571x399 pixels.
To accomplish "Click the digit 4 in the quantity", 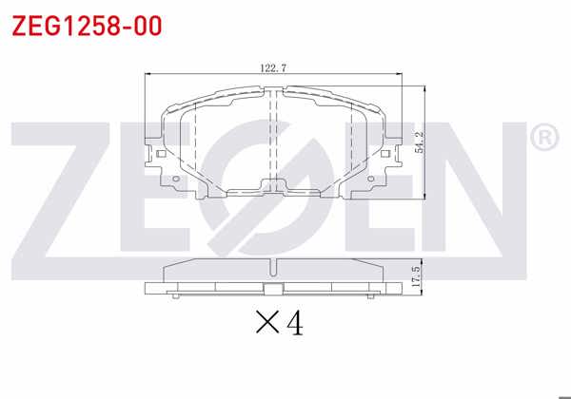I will point(295,325).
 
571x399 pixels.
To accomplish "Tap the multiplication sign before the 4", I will point(267,326).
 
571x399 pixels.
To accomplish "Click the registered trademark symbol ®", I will point(543,139).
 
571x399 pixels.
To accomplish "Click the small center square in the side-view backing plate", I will point(274,290).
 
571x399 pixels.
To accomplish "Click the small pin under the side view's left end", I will point(178,297).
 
